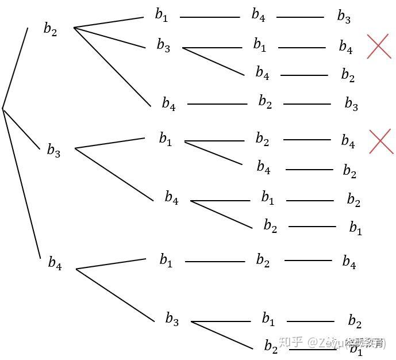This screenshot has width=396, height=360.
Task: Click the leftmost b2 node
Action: [51, 29]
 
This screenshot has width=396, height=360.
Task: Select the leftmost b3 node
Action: [53, 151]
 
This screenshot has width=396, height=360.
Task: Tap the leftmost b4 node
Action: [55, 263]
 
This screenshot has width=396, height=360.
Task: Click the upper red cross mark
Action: [379, 46]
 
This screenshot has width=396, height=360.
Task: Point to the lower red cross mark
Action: [380, 141]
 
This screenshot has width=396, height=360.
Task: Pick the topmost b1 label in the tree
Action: [162, 15]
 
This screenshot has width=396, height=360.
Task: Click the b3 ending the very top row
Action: [344, 17]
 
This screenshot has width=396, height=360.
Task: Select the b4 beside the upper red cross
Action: [345, 47]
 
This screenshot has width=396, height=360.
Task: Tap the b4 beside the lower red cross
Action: [348, 141]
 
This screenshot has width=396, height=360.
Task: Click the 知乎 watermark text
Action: [290, 343]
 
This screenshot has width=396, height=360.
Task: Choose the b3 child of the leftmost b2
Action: [163, 46]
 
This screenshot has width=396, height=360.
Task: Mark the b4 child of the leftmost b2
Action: [168, 104]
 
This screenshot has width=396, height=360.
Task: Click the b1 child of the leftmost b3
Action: [166, 139]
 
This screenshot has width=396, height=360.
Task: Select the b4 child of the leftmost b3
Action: [171, 198]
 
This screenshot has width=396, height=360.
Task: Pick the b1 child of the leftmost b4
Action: [166, 261]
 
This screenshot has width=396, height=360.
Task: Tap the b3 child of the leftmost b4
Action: [172, 319]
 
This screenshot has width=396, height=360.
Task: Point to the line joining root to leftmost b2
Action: [16, 67]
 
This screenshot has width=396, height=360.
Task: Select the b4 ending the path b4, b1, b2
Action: [349, 262]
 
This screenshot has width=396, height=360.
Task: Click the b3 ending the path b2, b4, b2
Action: [351, 104]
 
